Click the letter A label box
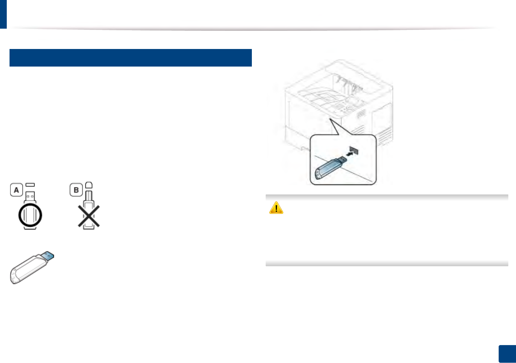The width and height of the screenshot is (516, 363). (16, 190)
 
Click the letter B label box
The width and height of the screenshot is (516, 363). (76, 190)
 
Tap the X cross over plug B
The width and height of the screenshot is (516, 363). (89, 216)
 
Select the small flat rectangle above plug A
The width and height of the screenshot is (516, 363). (30, 185)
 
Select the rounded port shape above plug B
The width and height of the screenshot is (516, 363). (89, 185)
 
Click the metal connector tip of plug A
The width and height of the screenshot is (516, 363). (30, 196)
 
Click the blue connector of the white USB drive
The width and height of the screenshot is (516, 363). (48, 256)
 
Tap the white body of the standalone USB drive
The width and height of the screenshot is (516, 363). (26, 268)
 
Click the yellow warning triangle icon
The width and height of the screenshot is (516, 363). (276, 208)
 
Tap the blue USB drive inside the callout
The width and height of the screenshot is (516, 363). (328, 168)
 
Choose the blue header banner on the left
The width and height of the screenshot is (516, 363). (131, 58)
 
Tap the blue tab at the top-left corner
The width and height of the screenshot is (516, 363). (3, 14)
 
